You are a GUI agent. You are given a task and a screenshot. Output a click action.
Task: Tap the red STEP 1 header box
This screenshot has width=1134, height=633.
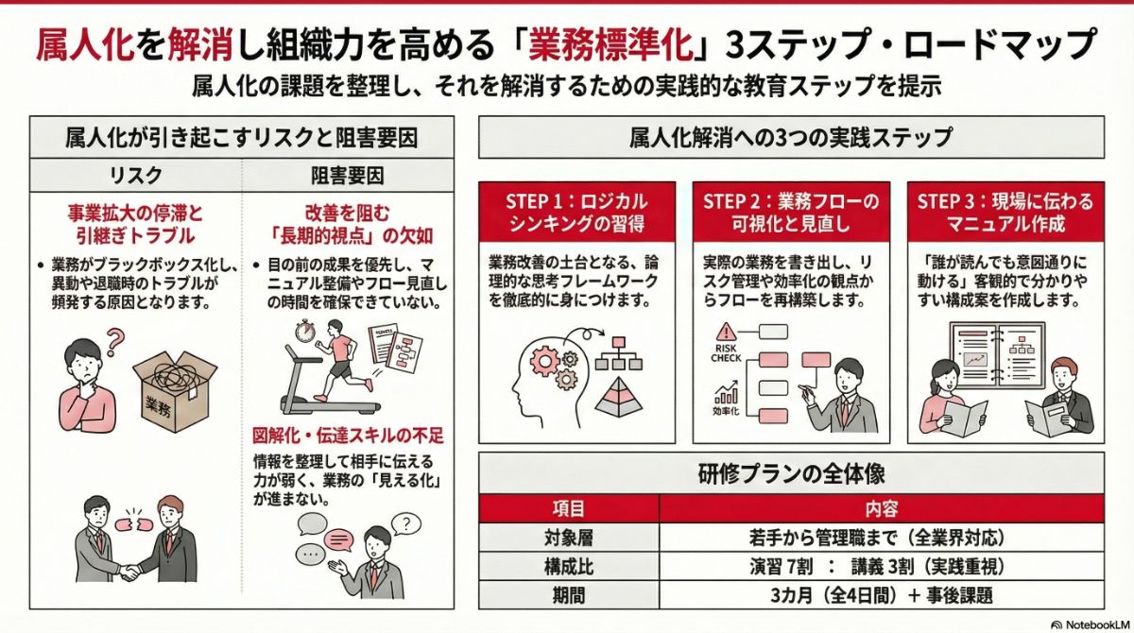click(x=577, y=213)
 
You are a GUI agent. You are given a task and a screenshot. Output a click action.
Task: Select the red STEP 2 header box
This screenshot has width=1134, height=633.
click(x=791, y=213)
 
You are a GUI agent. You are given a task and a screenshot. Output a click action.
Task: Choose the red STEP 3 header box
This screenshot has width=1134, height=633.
click(x=1005, y=213)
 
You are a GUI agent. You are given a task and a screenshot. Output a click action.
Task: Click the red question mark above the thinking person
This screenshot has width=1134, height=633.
click(x=115, y=338)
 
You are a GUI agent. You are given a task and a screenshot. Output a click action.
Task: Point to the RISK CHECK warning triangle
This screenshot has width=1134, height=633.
click(x=726, y=332)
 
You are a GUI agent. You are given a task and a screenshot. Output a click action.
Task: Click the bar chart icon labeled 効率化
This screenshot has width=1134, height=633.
click(x=726, y=392)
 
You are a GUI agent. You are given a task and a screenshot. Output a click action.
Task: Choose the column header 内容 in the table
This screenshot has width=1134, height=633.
click(x=894, y=508)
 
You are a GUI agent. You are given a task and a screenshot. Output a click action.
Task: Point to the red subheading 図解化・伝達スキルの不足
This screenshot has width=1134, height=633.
click(x=348, y=436)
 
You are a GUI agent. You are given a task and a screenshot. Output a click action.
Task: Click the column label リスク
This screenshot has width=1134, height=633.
click(x=136, y=176)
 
